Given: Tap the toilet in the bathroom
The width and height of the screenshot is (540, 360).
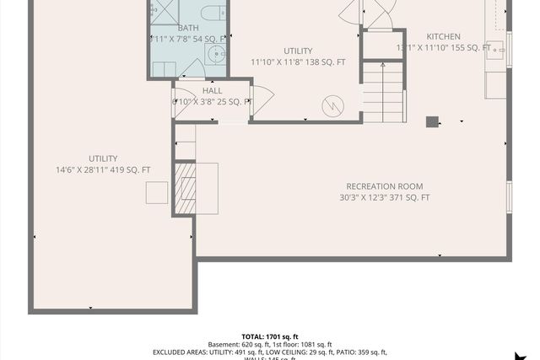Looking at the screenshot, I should tap(214, 12).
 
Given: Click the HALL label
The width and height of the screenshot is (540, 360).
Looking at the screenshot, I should tap(213, 90).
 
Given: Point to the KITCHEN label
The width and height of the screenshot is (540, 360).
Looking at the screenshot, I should tap(443, 36).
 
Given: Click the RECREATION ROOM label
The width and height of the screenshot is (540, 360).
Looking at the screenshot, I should tap(384, 186).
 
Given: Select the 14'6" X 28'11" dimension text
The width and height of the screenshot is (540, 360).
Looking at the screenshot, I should tap(103, 169).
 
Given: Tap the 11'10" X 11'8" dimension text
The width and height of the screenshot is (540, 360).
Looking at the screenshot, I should tap(298, 62).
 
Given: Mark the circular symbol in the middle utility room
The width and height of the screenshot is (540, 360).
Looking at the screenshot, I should tap(333, 106).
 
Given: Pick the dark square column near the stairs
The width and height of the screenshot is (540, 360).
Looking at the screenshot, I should tap(432, 121).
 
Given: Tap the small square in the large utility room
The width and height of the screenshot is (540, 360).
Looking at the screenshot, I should tap(156, 192).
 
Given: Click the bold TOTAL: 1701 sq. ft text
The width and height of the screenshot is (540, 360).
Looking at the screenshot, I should tap(270, 336).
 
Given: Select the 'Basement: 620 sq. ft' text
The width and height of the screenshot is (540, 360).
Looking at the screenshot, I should tap(238, 344).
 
